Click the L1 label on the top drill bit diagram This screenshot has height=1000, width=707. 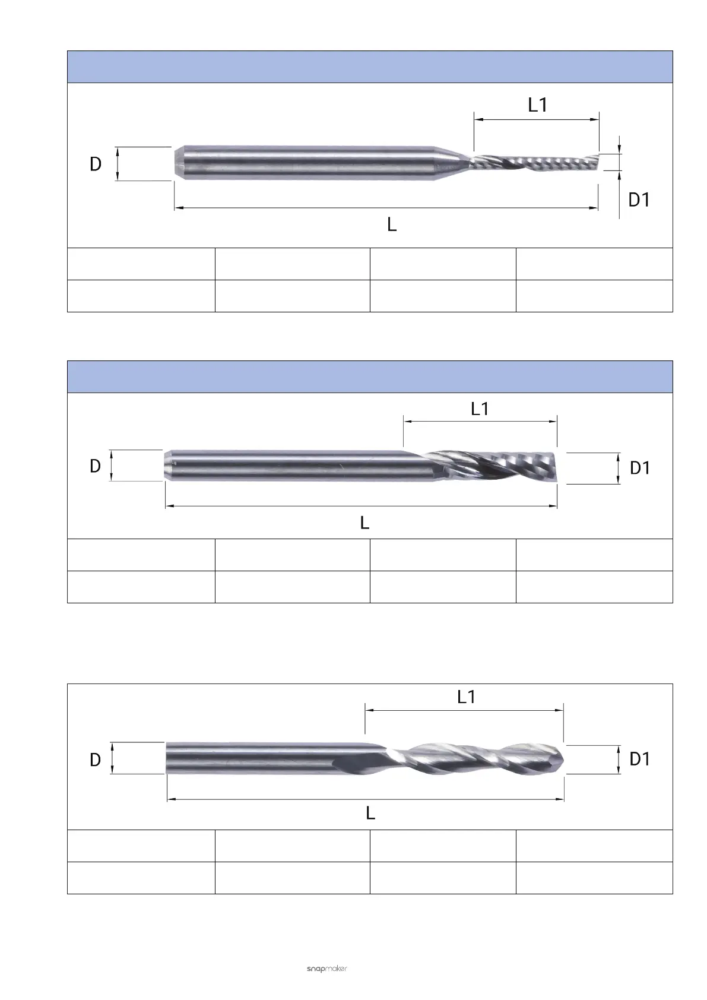tap(537, 105)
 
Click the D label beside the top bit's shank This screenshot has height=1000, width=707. tap(96, 164)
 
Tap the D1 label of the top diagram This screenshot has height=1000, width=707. tap(639, 200)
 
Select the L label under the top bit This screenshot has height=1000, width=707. tap(392, 224)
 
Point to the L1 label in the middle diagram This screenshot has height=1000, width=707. tap(480, 409)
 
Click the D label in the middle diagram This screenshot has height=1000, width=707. tap(95, 466)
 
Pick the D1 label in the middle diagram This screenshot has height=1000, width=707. tap(639, 469)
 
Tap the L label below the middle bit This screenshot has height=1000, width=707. tap(364, 523)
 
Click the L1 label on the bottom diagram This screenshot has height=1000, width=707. tap(467, 697)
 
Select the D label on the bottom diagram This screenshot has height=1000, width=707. tap(95, 760)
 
